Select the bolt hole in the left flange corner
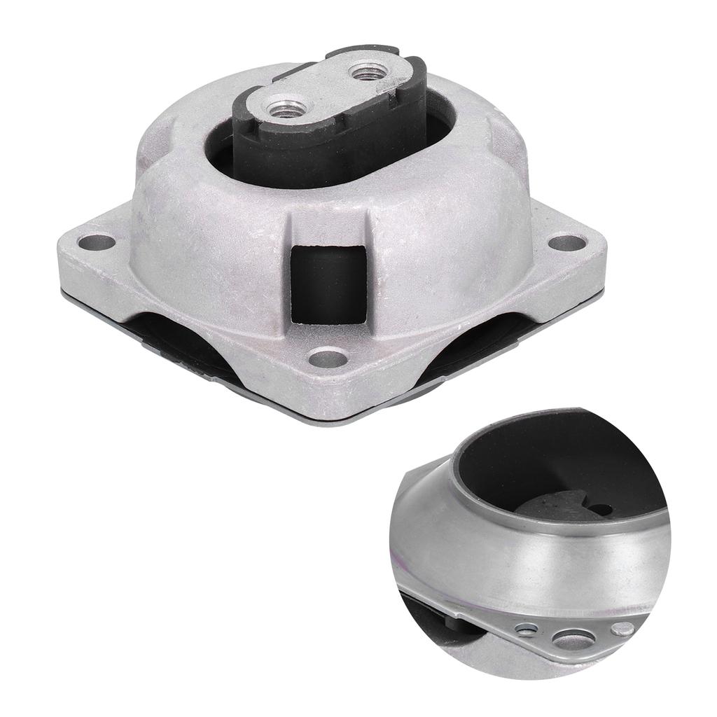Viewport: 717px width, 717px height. click(x=96, y=243)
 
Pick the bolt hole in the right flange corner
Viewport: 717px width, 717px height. click(x=566, y=243)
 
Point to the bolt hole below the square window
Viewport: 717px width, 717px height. click(x=328, y=359)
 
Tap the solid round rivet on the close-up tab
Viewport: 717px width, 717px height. click(x=622, y=629)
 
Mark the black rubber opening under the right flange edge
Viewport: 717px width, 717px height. click(x=483, y=343)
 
